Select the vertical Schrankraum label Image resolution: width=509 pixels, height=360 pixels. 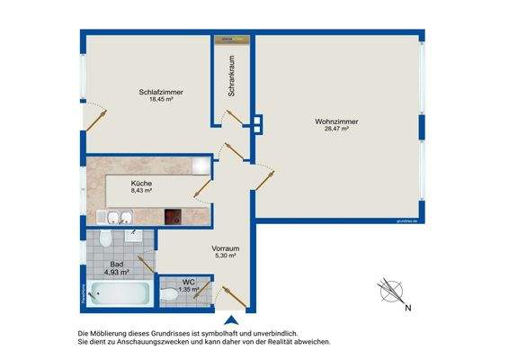tap(231, 76)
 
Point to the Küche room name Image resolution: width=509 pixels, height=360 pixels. tap(141, 183)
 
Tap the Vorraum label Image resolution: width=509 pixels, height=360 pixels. tap(225, 247)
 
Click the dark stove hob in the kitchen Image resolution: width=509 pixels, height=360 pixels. tap(174, 217)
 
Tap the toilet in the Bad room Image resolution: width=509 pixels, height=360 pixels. tap(105, 238)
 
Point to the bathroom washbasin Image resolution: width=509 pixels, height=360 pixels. tap(133, 237)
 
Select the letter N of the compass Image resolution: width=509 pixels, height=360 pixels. tap(407, 310)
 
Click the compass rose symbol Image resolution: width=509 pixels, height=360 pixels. tap(389, 291)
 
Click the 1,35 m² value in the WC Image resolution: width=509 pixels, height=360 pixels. tap(189, 290)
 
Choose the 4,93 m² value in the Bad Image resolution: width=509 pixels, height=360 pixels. tap(117, 271)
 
